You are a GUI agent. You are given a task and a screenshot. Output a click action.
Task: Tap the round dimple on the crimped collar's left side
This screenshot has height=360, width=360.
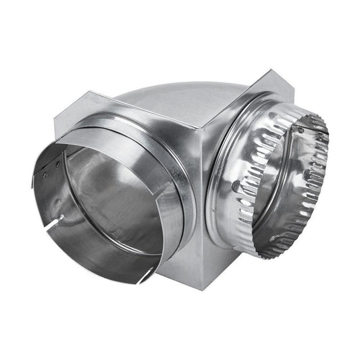tap(236, 185)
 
